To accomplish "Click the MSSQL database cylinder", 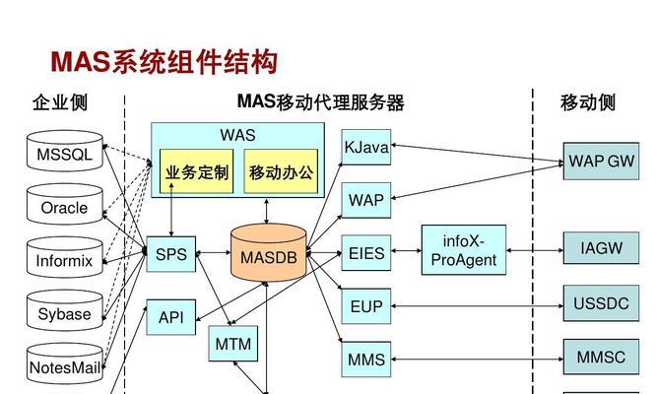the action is [65, 151].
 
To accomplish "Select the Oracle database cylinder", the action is [65, 204].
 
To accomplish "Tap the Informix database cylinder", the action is [65, 257].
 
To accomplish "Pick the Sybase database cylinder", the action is [65, 310].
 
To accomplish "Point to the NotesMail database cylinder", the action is [65, 363].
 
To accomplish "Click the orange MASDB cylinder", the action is [269, 253].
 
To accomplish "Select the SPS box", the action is [171, 254].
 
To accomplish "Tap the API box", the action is [171, 317].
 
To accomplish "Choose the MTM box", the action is [233, 344].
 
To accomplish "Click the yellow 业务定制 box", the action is [197, 171].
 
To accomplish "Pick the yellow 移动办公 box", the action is [281, 171].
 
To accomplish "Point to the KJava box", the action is [366, 147].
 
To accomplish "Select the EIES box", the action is [366, 253].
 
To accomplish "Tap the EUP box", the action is [366, 306].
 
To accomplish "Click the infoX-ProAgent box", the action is [464, 250].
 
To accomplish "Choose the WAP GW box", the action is [601, 161].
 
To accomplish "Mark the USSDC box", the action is [601, 303].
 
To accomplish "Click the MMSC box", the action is [601, 357].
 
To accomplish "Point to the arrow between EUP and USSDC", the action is [478, 306].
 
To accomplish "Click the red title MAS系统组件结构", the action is [164, 62].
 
